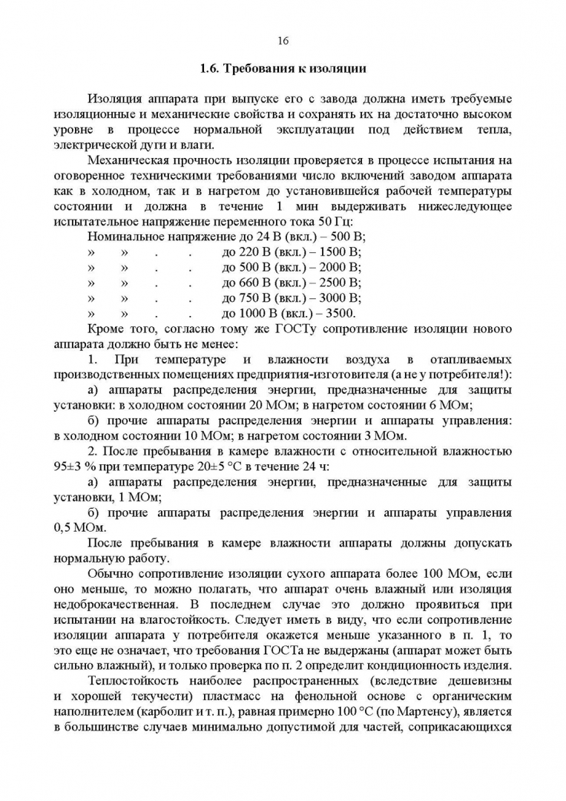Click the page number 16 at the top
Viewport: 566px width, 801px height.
[x=283, y=40]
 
